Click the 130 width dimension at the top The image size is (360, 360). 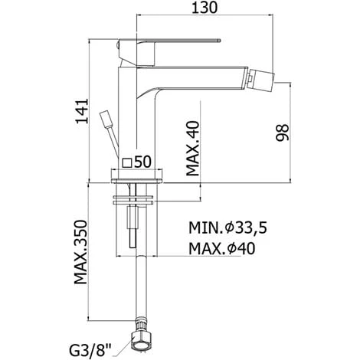point(205,8)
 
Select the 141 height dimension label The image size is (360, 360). point(82,111)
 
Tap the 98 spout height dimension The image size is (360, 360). point(283,133)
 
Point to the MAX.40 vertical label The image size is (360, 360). point(193,149)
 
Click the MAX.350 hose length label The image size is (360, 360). point(80,252)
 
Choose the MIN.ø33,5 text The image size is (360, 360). point(227,227)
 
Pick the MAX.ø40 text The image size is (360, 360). point(221,248)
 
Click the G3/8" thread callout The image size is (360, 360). point(90,349)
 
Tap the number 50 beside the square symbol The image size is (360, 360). point(142,162)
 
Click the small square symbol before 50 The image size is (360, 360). point(127,163)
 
